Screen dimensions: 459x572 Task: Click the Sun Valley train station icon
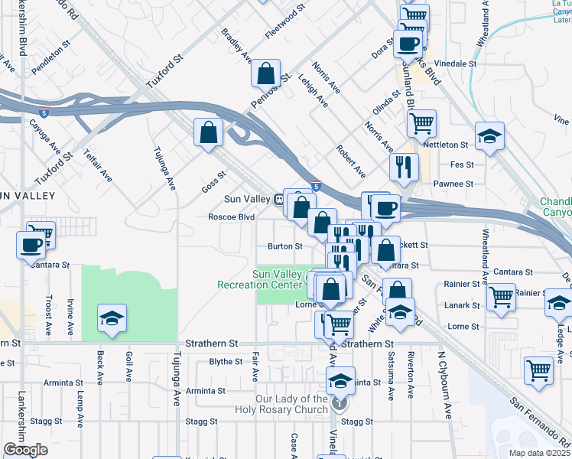click(x=280, y=199)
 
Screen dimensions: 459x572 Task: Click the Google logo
click(x=25, y=450)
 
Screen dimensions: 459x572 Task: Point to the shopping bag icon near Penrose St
click(x=265, y=74)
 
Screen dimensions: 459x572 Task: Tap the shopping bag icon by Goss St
click(x=208, y=132)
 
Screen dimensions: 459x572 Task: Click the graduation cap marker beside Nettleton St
click(x=489, y=136)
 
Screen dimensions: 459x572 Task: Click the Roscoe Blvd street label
click(x=231, y=217)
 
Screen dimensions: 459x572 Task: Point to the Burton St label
click(x=284, y=246)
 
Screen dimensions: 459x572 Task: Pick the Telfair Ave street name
click(x=99, y=164)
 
